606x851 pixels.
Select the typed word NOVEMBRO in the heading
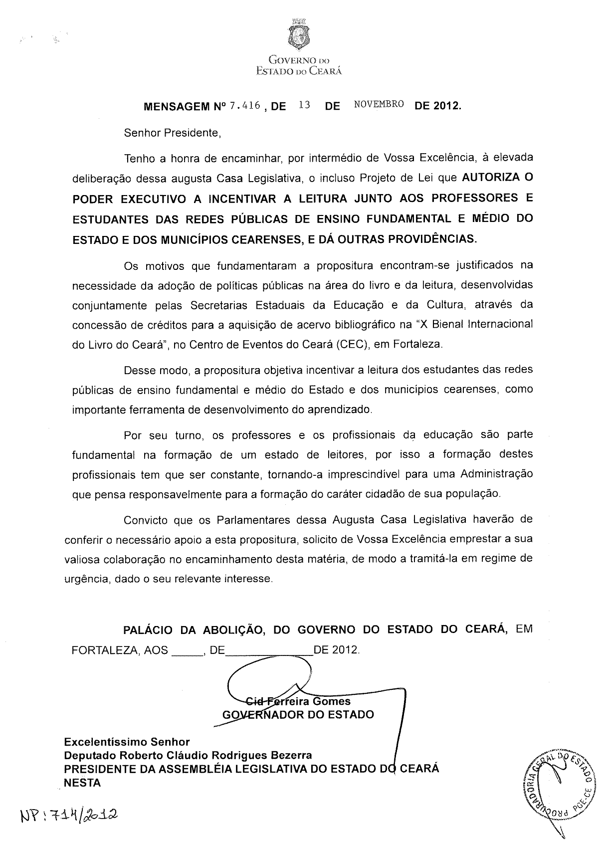point(379,105)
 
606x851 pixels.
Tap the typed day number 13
point(304,105)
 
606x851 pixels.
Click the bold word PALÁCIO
point(148,630)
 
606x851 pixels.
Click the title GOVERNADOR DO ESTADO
point(298,714)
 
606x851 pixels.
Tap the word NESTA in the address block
point(83,783)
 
